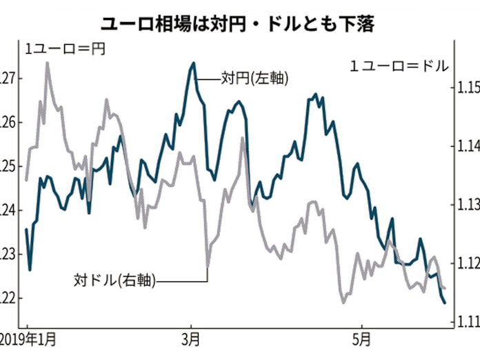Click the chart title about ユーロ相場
point(239,26)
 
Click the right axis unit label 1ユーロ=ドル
point(399,67)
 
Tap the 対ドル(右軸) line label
point(114,280)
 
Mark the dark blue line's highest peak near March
point(194,63)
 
